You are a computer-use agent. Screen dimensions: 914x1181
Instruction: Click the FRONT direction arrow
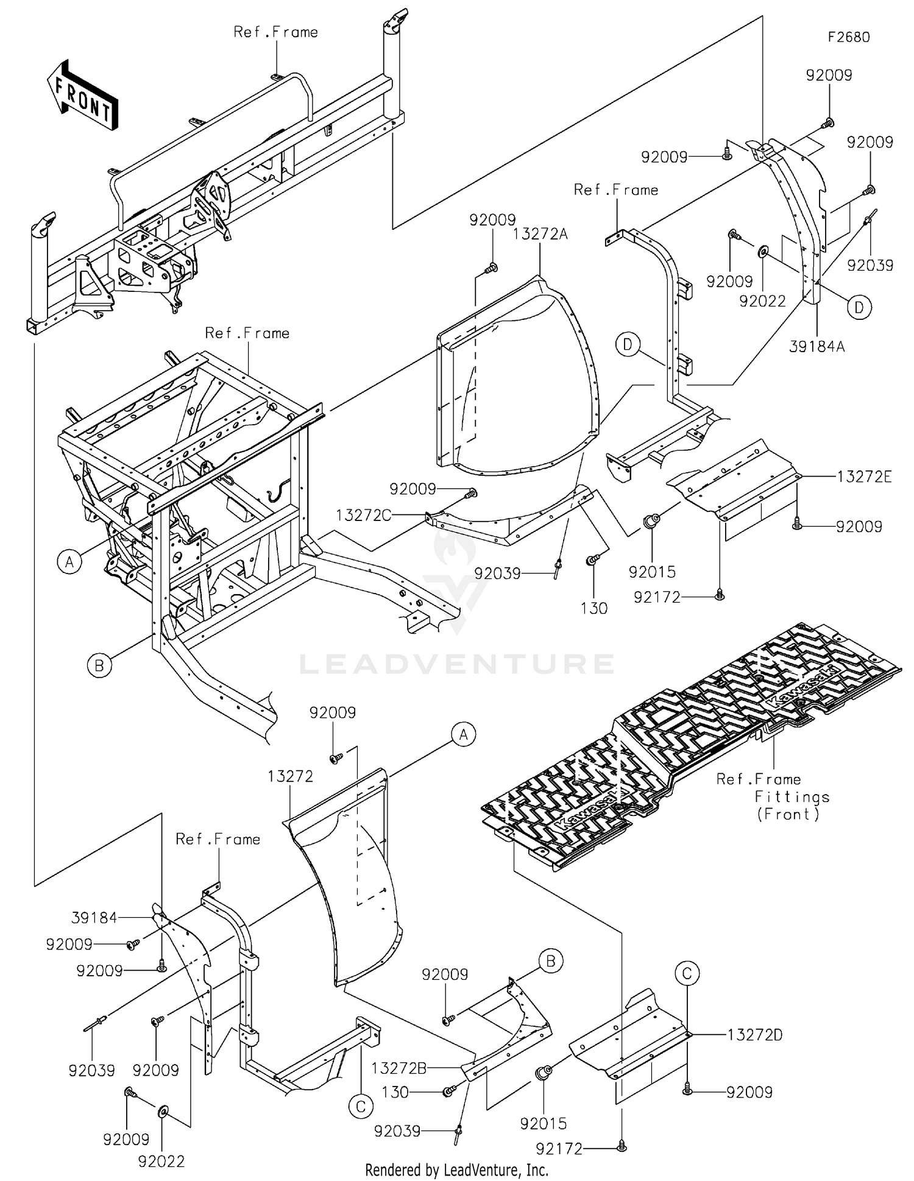(x=82, y=94)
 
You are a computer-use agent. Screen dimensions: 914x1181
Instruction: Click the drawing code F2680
(x=848, y=37)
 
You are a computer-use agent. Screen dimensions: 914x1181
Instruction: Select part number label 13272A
(x=540, y=234)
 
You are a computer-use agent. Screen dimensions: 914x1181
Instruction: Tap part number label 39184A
(x=817, y=347)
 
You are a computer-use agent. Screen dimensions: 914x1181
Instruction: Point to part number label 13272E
(x=864, y=477)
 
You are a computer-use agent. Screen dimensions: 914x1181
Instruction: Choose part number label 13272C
(x=363, y=516)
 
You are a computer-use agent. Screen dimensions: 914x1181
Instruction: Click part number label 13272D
(x=755, y=1035)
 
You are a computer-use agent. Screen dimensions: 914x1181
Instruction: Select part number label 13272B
(x=399, y=1068)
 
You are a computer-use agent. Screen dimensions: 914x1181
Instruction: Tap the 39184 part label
(x=94, y=918)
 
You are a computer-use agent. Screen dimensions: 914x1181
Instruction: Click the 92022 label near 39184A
(x=762, y=301)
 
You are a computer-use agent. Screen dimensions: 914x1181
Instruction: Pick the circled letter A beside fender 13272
(x=464, y=735)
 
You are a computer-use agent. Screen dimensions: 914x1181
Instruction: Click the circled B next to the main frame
(x=99, y=665)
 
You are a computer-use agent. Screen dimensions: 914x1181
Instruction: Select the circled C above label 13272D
(x=687, y=973)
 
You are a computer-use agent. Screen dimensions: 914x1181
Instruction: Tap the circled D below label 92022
(x=859, y=308)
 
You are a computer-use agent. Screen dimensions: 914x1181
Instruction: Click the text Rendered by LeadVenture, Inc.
(x=456, y=1170)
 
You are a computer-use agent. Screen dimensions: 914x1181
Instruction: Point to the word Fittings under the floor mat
(x=792, y=796)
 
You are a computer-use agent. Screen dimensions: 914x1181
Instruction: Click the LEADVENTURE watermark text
(x=457, y=664)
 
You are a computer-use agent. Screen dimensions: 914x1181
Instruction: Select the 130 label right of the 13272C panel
(x=593, y=608)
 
